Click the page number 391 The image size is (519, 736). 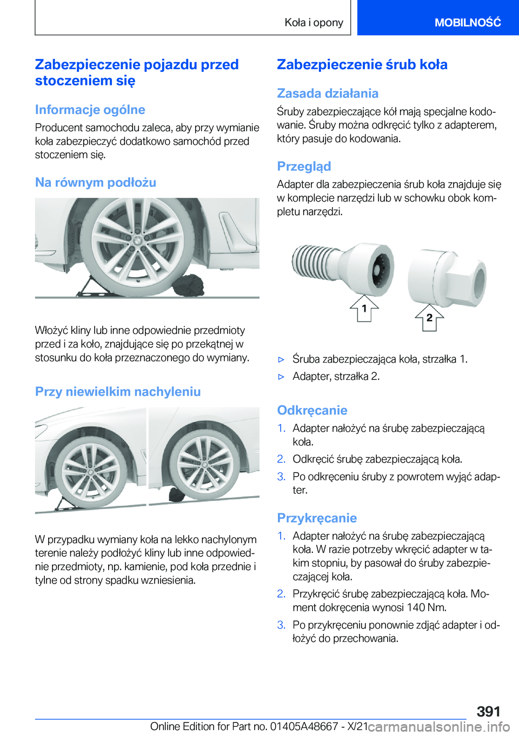488,711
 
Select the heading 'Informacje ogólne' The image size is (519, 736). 90,110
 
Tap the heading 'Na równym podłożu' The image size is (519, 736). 95,183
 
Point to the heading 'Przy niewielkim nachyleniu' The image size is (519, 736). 117,392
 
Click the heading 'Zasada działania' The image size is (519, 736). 327,93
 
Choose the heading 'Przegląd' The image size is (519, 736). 303,166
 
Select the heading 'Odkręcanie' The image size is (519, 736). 311,410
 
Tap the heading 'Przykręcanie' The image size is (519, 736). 316,518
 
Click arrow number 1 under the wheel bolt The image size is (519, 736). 364,309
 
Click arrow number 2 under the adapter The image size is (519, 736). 429,318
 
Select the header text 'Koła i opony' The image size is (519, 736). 314,23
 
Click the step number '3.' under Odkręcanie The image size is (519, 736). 281,477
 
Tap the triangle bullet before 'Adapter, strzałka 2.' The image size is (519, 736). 281,377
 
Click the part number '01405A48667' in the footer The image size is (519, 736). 304,726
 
